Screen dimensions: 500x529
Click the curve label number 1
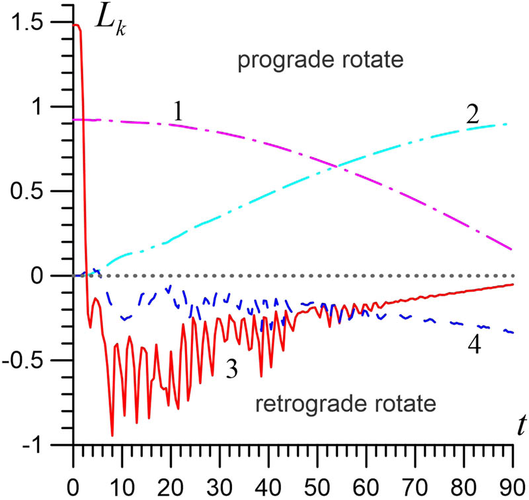pos(177,112)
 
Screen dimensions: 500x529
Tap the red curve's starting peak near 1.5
pos(77,25)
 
